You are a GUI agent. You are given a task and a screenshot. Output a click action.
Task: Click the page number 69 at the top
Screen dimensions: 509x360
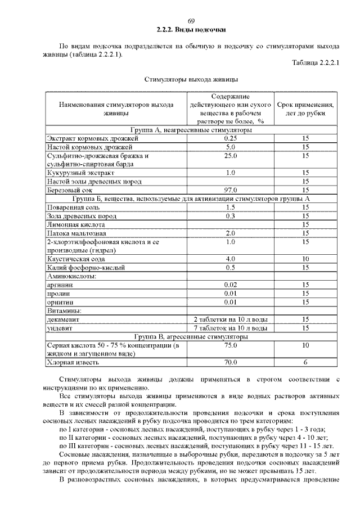(191, 21)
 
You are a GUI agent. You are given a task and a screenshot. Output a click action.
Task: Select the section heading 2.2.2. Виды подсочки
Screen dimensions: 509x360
(191, 29)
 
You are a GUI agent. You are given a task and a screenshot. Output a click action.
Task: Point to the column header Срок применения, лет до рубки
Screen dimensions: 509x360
(306, 109)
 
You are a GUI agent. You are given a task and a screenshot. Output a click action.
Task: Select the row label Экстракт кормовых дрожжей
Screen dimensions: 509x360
(93, 138)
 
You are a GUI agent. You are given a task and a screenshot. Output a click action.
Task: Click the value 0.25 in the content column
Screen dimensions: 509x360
(229, 138)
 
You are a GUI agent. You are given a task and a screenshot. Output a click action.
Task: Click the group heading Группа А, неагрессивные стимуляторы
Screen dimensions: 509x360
(191, 130)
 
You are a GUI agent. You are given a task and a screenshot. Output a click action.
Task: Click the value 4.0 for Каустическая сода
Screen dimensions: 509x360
(229, 259)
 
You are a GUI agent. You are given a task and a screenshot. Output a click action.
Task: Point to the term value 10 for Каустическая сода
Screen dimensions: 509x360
(306, 259)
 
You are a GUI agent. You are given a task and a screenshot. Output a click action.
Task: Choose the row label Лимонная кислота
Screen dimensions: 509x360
(76, 224)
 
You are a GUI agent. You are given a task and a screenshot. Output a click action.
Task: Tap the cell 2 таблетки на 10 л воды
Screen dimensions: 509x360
(229, 319)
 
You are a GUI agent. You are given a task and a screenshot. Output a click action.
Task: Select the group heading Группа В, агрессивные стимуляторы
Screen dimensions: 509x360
(191, 336)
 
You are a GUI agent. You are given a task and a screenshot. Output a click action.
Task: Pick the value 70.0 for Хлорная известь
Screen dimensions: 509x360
(229, 362)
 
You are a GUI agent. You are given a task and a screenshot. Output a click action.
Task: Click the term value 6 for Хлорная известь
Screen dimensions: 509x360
(306, 362)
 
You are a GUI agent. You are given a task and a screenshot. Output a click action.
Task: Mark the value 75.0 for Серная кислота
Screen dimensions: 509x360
(229, 345)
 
